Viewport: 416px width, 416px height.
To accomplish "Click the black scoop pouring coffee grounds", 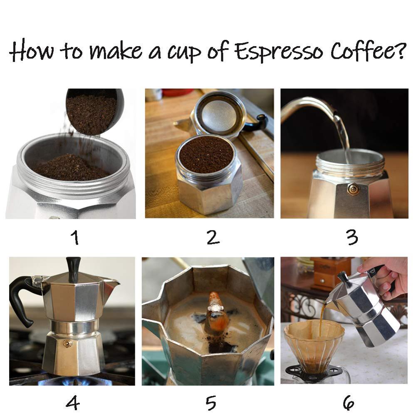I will pos(96,109).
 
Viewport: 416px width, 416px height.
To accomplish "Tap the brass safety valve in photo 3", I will pos(354,189).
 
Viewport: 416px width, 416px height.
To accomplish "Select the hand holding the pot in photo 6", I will pos(385,277).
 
